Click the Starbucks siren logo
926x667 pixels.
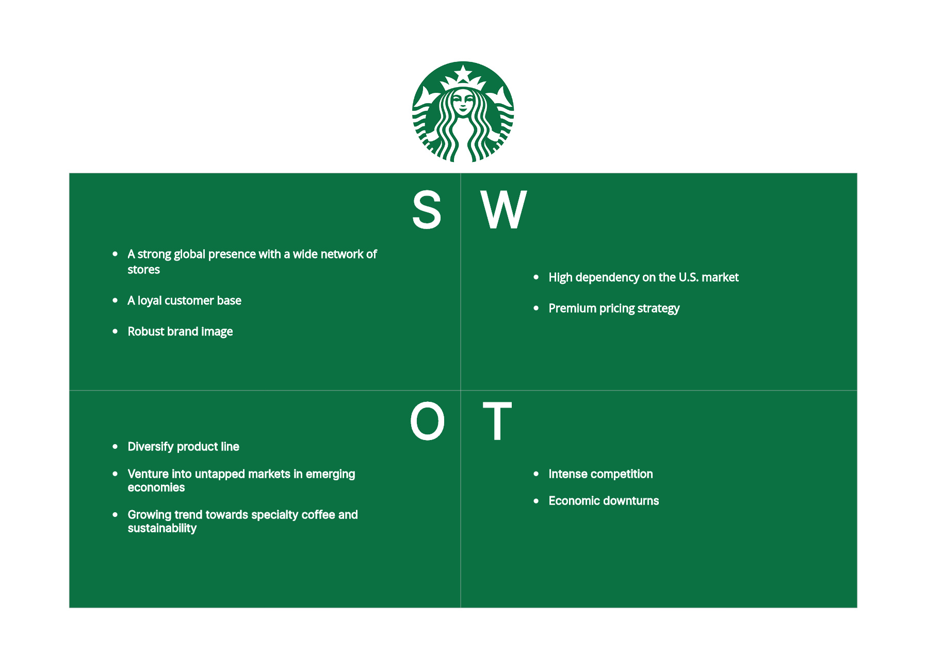(x=463, y=111)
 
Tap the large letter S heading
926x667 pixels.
(x=427, y=209)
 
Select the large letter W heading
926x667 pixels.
(x=503, y=209)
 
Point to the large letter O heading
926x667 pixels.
(x=427, y=421)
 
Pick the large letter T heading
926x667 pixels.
(x=497, y=421)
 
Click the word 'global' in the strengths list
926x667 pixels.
(x=189, y=254)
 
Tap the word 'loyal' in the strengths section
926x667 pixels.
(x=150, y=301)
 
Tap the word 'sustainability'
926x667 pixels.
(x=162, y=528)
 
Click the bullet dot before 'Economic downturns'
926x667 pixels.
(x=536, y=501)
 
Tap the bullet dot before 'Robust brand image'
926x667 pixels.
(x=115, y=331)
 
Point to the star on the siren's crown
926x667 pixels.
(x=463, y=73)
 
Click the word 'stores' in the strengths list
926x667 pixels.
(x=144, y=270)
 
